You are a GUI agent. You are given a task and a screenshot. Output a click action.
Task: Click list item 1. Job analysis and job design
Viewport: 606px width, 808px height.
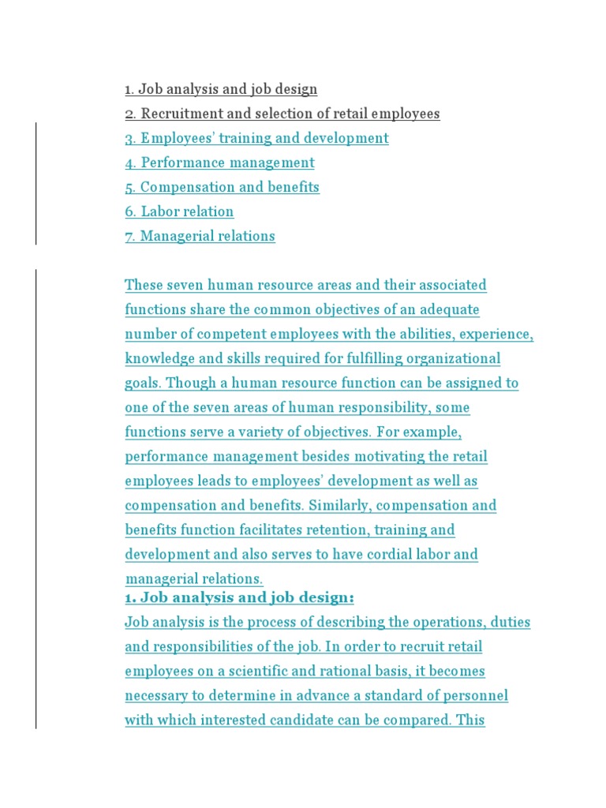pos(221,89)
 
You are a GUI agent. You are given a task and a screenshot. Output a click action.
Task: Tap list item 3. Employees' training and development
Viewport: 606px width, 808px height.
pos(256,138)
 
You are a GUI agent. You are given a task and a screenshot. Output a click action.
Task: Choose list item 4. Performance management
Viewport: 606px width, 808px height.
pos(219,163)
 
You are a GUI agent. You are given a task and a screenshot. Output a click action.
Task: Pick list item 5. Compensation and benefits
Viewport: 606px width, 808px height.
pos(222,187)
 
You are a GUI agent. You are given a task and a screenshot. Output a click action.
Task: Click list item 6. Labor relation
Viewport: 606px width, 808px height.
pos(179,211)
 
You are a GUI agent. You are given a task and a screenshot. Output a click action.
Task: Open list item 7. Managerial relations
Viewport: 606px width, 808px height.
pos(200,236)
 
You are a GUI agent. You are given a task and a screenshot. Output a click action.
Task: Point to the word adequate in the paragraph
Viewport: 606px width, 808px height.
pos(449,309)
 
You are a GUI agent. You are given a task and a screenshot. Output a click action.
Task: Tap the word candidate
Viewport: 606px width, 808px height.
pos(312,720)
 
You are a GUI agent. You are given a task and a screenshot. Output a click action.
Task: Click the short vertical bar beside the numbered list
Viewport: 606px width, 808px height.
pos(36,183)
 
